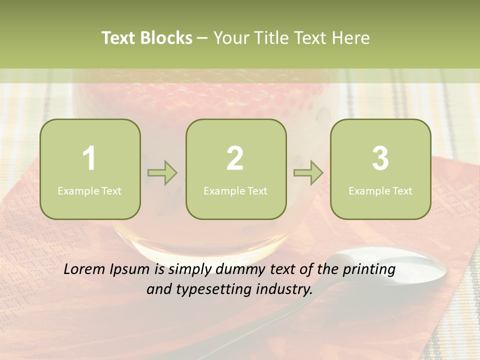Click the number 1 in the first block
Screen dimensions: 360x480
click(x=89, y=158)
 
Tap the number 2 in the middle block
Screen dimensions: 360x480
click(x=235, y=158)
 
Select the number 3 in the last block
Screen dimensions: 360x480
click(x=380, y=158)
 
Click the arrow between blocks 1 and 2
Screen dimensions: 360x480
click(x=162, y=173)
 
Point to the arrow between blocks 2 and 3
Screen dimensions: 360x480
click(x=308, y=173)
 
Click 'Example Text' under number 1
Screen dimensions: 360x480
click(x=89, y=190)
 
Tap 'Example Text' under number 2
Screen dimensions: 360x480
click(x=235, y=190)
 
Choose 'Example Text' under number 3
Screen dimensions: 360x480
click(x=380, y=190)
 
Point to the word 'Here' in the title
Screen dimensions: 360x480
click(x=351, y=38)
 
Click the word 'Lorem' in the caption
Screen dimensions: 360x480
click(x=85, y=269)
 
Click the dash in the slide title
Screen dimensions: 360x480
click(x=203, y=38)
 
